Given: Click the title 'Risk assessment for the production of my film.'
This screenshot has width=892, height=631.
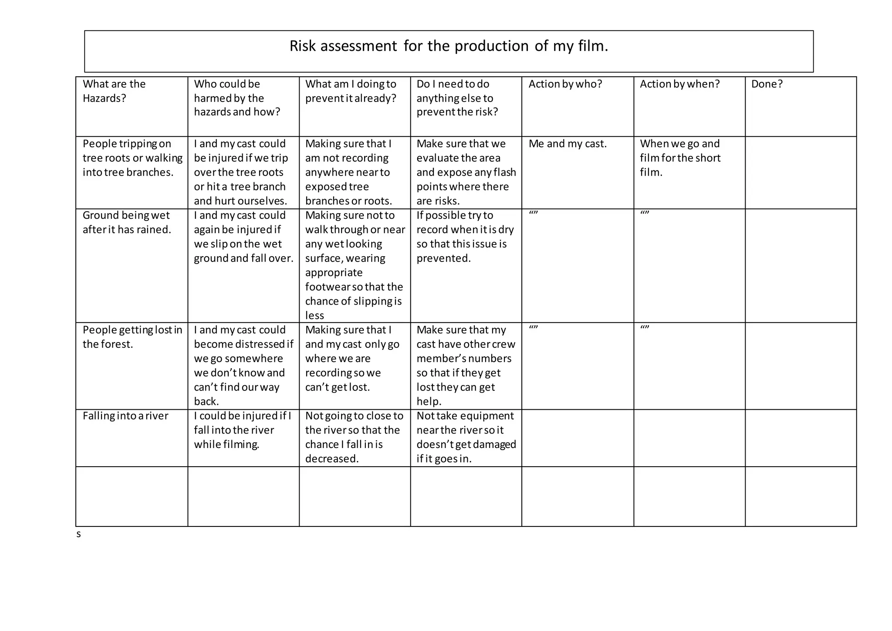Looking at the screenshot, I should tap(449, 46).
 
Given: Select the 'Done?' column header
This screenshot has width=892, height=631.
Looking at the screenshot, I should tap(767, 84).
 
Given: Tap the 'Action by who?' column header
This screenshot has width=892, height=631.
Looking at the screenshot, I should tap(565, 84).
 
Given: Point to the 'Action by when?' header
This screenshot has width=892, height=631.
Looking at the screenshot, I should tap(679, 84).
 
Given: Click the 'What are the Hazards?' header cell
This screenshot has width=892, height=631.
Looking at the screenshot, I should tap(114, 91).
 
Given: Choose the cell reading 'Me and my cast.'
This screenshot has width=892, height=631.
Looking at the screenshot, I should tap(568, 144).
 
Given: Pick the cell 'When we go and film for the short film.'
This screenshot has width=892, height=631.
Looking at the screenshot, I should tap(680, 158).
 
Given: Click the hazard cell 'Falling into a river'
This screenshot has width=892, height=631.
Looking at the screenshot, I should tap(125, 416).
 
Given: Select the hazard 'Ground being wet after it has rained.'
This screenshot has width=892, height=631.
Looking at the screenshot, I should tap(126, 222).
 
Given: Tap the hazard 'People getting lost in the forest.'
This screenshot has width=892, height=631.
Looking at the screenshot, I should tap(132, 337).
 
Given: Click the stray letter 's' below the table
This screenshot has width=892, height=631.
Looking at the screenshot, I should tap(78, 534).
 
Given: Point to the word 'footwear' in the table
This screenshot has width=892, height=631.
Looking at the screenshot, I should tap(327, 287).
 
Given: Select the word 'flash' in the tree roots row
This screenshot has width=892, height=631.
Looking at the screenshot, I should tap(505, 172).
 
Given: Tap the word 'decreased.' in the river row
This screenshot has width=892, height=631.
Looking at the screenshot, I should tap(332, 458).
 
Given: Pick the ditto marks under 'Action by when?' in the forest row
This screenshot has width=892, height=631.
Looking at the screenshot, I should tap(645, 327).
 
